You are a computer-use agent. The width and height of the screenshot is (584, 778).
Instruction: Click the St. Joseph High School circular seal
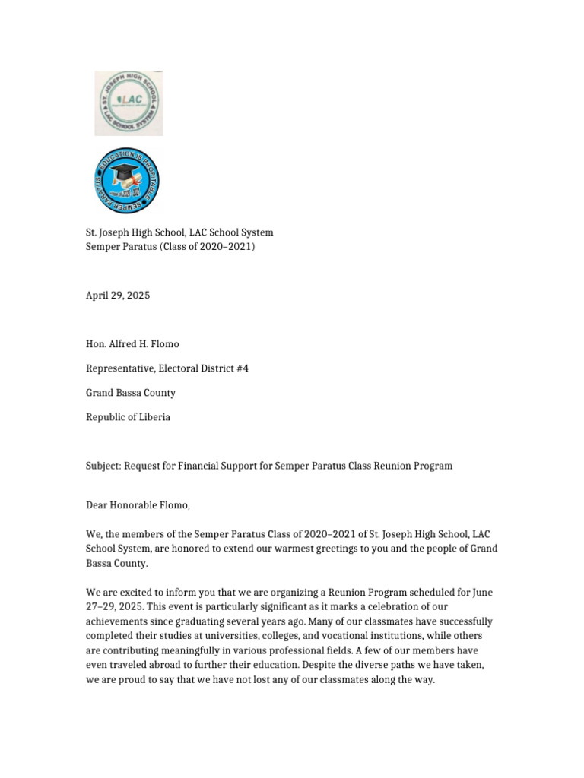tap(129, 103)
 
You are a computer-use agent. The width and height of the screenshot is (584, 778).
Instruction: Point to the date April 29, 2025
tap(117, 296)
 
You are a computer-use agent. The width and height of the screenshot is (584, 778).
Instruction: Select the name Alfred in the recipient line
tap(122, 344)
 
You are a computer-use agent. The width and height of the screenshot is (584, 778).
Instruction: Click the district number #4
tap(242, 368)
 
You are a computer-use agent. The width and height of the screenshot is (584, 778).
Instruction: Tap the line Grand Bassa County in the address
tap(130, 393)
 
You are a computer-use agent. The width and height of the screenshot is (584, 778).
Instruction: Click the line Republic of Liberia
tap(128, 417)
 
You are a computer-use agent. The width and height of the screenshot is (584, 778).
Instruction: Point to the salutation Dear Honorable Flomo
tap(138, 505)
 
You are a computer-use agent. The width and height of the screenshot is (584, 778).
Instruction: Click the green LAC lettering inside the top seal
tap(128, 101)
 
